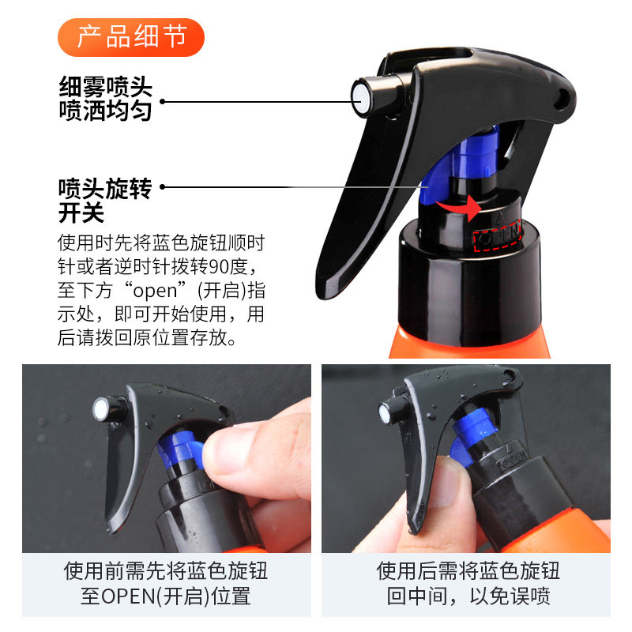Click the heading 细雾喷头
click(105, 85)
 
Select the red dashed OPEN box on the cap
click(498, 235)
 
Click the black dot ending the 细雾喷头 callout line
click(163, 100)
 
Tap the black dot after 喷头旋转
click(163, 187)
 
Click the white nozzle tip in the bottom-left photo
click(100, 409)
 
